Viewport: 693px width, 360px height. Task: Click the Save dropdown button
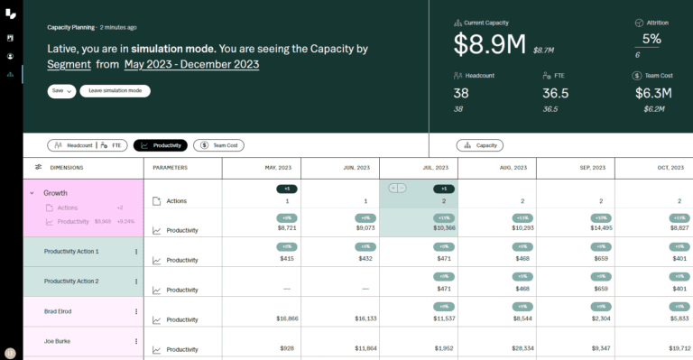pyautogui.click(x=60, y=91)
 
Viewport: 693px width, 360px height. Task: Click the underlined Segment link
pyautogui.click(x=69, y=64)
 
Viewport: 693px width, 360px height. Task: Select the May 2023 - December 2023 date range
pyautogui.click(x=191, y=64)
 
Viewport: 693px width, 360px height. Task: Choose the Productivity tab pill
pyautogui.click(x=160, y=145)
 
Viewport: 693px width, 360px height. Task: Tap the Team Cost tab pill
pyautogui.click(x=218, y=145)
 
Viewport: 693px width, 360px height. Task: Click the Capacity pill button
pyautogui.click(x=480, y=145)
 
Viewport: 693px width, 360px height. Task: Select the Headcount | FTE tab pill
pyautogui.click(x=88, y=145)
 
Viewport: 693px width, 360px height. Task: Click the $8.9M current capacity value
pyautogui.click(x=490, y=44)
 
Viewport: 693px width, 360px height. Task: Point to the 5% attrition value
pyautogui.click(x=651, y=39)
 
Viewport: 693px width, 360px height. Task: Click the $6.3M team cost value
pyautogui.click(x=651, y=93)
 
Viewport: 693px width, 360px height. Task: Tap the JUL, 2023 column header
pyautogui.click(x=418, y=168)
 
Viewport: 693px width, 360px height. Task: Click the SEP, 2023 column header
pyautogui.click(x=575, y=168)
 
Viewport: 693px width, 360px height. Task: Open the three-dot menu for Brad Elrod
pyautogui.click(x=136, y=311)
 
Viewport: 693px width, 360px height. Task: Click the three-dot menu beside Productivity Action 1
pyautogui.click(x=136, y=252)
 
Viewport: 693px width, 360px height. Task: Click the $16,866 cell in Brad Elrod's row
pyautogui.click(x=287, y=318)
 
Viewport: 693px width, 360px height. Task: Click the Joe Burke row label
pyautogui.click(x=57, y=341)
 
